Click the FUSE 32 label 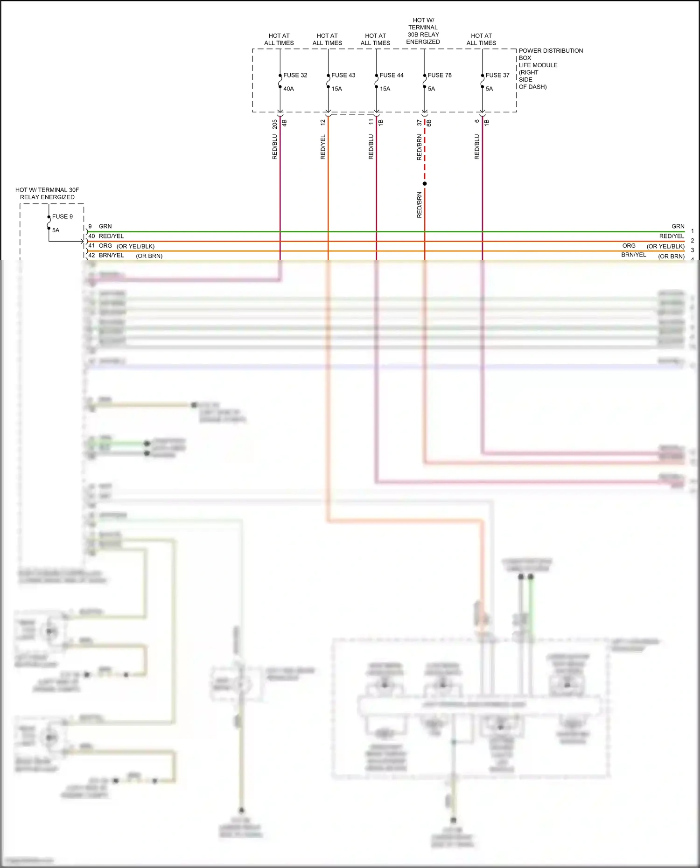tap(295, 75)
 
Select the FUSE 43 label tap(343, 75)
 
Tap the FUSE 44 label tap(391, 75)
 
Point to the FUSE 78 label tap(439, 75)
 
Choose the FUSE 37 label tap(497, 75)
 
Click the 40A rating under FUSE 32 tap(288, 89)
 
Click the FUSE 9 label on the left tap(62, 216)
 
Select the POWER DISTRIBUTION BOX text tap(551, 54)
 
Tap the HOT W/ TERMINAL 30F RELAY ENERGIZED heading tap(47, 194)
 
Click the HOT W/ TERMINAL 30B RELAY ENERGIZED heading tap(423, 31)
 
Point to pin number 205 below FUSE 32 tap(275, 124)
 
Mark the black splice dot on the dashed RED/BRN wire tap(425, 184)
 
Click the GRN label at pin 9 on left tap(105, 226)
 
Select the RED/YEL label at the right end tap(672, 236)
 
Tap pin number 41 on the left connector tap(91, 246)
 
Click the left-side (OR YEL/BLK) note tap(135, 246)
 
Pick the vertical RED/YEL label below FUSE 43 tap(323, 147)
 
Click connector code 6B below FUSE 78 tap(429, 123)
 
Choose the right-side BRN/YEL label tap(633, 255)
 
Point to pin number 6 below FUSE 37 tap(476, 121)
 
